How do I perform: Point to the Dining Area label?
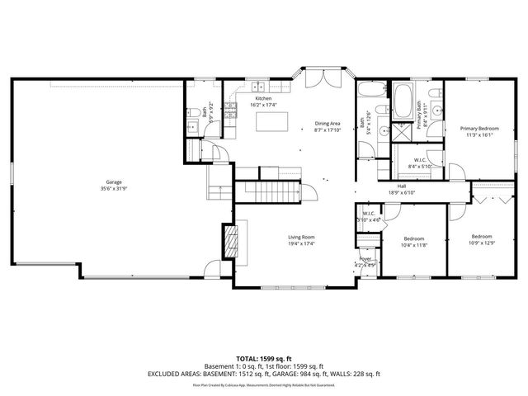click(328, 126)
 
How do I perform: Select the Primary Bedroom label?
click(479, 132)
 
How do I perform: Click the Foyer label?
click(365, 262)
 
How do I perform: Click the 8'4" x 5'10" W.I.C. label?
click(419, 163)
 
